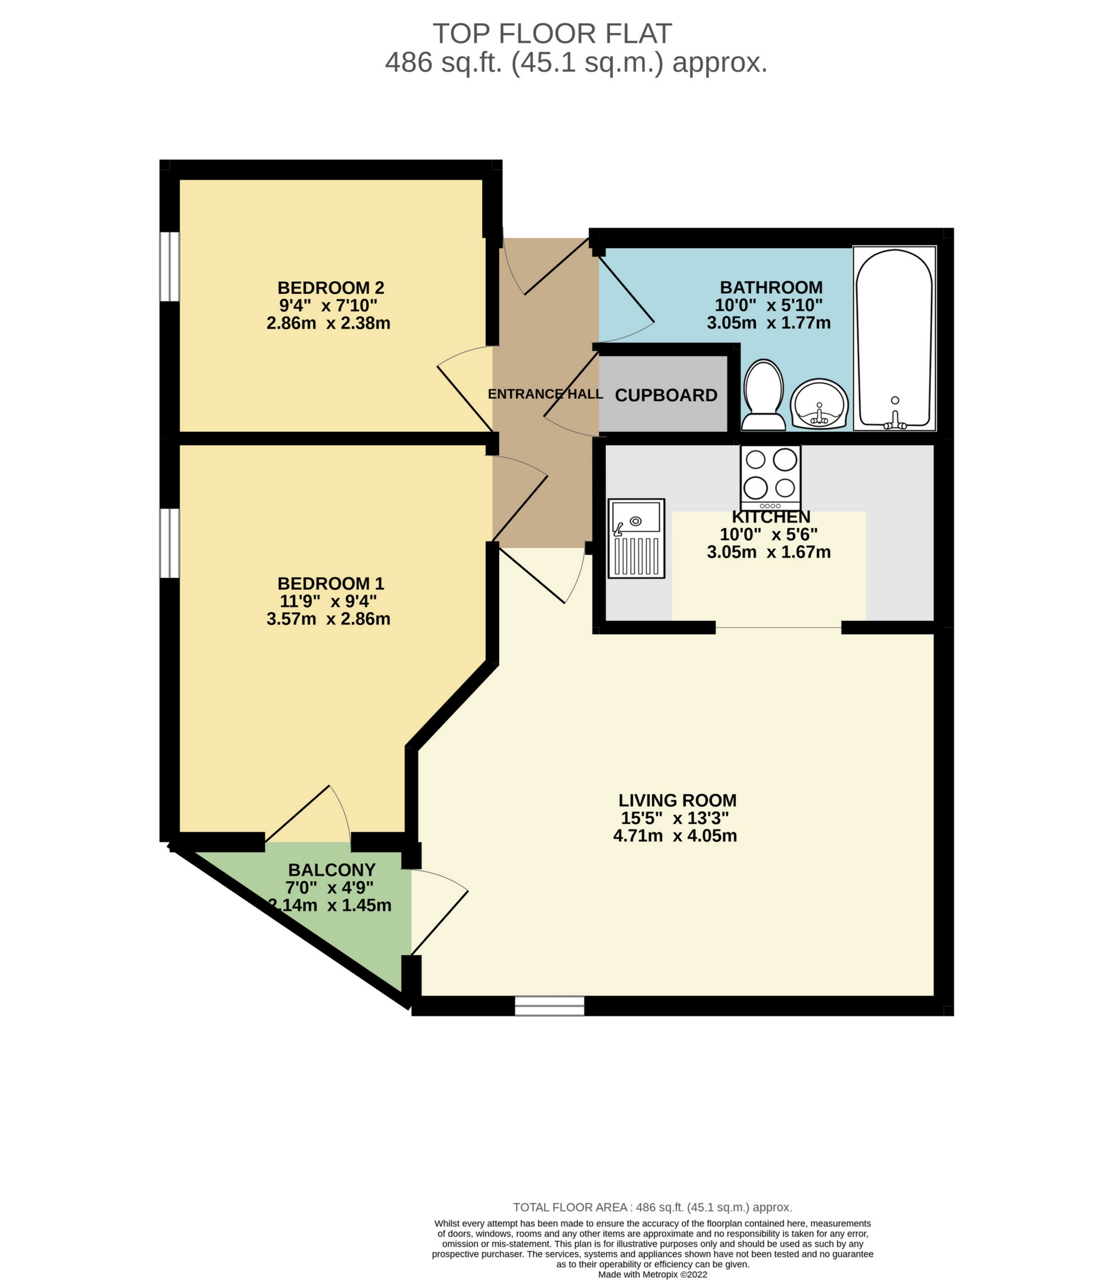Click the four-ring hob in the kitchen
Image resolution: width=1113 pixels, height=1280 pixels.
771,477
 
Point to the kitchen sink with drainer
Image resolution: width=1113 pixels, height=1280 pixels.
636,538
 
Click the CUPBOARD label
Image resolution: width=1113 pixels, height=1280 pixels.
666,395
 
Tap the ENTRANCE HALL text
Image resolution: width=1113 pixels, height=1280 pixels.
545,394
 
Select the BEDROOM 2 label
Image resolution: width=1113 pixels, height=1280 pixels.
330,288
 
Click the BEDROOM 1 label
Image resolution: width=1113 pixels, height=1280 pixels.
330,583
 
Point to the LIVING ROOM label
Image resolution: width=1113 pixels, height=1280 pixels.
677,800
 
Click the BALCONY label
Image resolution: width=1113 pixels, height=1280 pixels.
332,870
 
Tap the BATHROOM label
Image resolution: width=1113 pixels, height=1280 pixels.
771,287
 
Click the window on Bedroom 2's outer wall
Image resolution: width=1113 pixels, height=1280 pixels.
169,267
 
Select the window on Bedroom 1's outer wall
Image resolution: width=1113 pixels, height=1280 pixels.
169,543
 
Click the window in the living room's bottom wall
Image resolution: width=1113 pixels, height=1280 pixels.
549,1005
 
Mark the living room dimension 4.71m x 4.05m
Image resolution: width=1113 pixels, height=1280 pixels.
675,835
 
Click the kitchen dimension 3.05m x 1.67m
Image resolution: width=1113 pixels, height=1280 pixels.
768,551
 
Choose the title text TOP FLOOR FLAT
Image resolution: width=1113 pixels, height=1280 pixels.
552,34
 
